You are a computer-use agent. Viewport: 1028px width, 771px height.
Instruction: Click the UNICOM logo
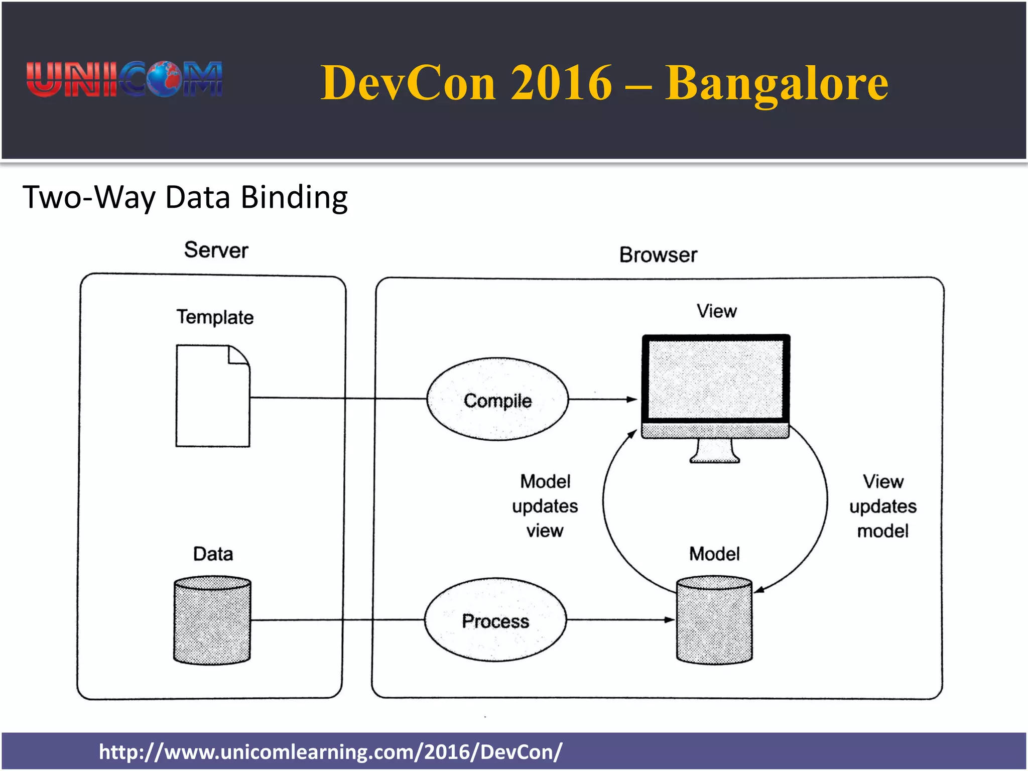(124, 79)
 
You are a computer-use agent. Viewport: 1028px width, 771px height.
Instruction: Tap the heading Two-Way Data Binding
(185, 197)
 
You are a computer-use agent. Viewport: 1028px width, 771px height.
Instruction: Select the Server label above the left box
(216, 250)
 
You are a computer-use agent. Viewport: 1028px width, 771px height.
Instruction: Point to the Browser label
(658, 255)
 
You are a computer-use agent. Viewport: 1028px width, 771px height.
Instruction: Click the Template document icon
(213, 396)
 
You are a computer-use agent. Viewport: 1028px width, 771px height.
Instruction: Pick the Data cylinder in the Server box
(212, 620)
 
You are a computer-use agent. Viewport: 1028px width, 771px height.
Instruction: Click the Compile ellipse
(497, 400)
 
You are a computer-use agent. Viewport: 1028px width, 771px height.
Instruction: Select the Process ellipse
(495, 620)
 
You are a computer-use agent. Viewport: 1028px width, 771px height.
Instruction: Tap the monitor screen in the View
(715, 378)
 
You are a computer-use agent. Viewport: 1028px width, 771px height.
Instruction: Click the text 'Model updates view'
(545, 506)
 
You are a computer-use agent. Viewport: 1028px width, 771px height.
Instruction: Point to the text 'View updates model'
(883, 506)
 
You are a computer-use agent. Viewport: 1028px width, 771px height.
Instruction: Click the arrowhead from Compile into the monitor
(632, 400)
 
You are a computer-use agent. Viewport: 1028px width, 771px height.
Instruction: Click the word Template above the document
(215, 317)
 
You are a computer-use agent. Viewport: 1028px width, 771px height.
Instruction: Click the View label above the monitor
(716, 311)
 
